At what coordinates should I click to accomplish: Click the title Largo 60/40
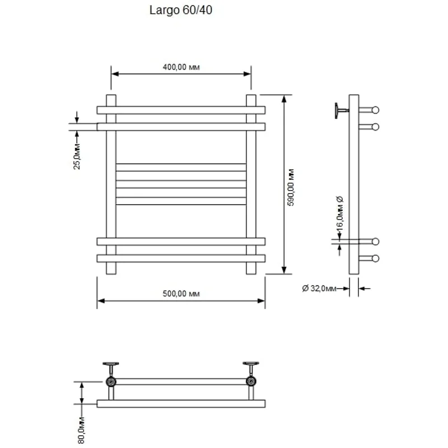tap(181, 10)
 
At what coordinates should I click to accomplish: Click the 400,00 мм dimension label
tap(181, 67)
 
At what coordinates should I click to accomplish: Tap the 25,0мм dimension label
tap(78, 156)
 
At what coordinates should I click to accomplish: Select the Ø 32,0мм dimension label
tap(319, 288)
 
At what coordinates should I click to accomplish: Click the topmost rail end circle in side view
tap(375, 110)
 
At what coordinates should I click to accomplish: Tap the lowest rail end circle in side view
tap(375, 258)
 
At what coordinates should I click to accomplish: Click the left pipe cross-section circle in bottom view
tap(111, 382)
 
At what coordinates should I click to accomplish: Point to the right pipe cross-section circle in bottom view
tap(251, 382)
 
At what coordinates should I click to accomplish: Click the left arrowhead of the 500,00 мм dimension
tap(100, 301)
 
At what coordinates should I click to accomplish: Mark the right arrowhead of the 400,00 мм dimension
tap(247, 74)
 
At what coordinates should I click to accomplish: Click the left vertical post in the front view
tap(111, 185)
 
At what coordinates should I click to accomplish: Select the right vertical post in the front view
tap(251, 185)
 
